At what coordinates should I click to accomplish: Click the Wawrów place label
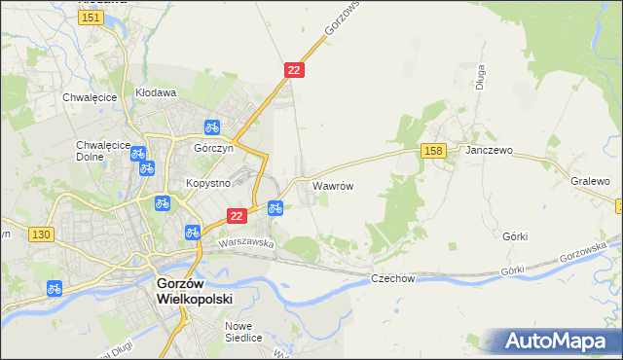[x=331, y=184]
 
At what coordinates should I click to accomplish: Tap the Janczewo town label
[x=489, y=152]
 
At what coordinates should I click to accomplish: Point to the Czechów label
[x=393, y=278]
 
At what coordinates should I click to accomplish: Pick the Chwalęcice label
[x=90, y=97]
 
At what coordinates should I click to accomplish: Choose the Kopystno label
[x=207, y=183]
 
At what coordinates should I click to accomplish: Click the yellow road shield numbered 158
[x=434, y=150]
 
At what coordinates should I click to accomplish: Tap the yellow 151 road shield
[x=92, y=18]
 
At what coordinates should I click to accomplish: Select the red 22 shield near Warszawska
[x=235, y=214]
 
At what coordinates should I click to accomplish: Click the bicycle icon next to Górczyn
[x=211, y=126]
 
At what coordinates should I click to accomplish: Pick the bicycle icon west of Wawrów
[x=275, y=207]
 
